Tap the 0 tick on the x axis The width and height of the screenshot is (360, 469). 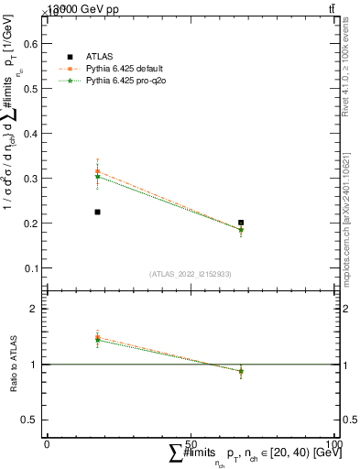click(x=47, y=443)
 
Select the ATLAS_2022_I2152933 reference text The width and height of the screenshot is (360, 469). click(x=191, y=273)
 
